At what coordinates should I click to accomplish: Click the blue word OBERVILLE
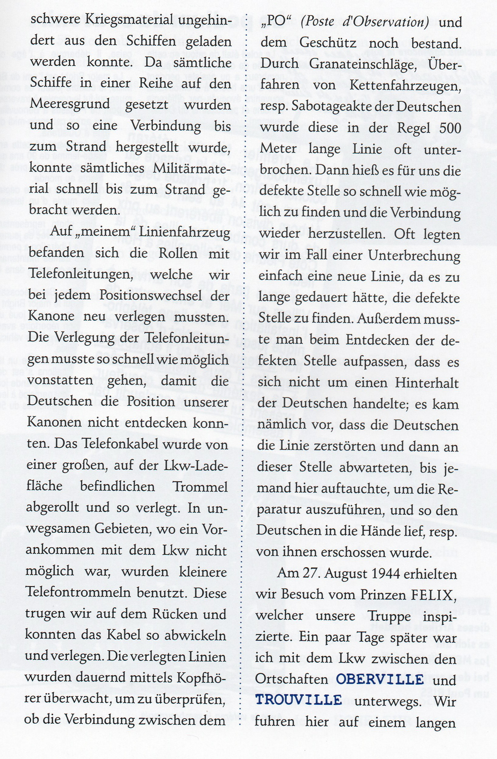[x=380, y=680]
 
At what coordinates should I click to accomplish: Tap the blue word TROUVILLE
[x=298, y=701]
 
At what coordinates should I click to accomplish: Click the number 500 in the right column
[x=450, y=128]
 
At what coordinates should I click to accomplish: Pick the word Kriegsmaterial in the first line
[x=125, y=21]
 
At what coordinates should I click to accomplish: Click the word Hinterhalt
[x=426, y=383]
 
